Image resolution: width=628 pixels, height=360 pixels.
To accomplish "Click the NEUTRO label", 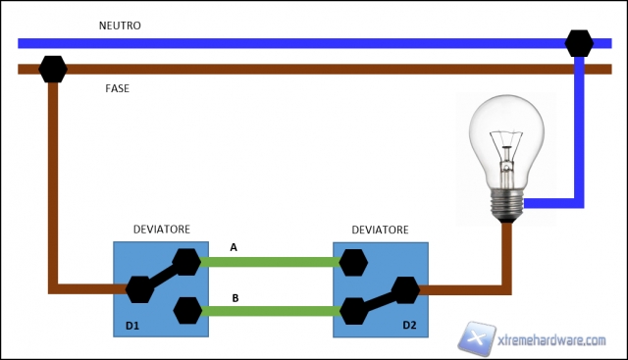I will point(123,25).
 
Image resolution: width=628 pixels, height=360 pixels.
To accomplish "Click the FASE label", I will point(119,89).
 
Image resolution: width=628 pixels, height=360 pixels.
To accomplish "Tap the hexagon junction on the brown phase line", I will point(52,70).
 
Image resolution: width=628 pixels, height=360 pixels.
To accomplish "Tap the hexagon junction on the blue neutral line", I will point(579,43).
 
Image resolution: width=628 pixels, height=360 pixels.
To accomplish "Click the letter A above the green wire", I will point(234,247).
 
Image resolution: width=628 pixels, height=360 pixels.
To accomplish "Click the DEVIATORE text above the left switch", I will point(161,229).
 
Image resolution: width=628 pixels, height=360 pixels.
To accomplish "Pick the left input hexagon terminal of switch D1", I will point(138,289).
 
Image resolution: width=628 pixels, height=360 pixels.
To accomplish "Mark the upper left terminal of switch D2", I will point(353,262).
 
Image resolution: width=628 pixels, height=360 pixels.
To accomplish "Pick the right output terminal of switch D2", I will point(404,289).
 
